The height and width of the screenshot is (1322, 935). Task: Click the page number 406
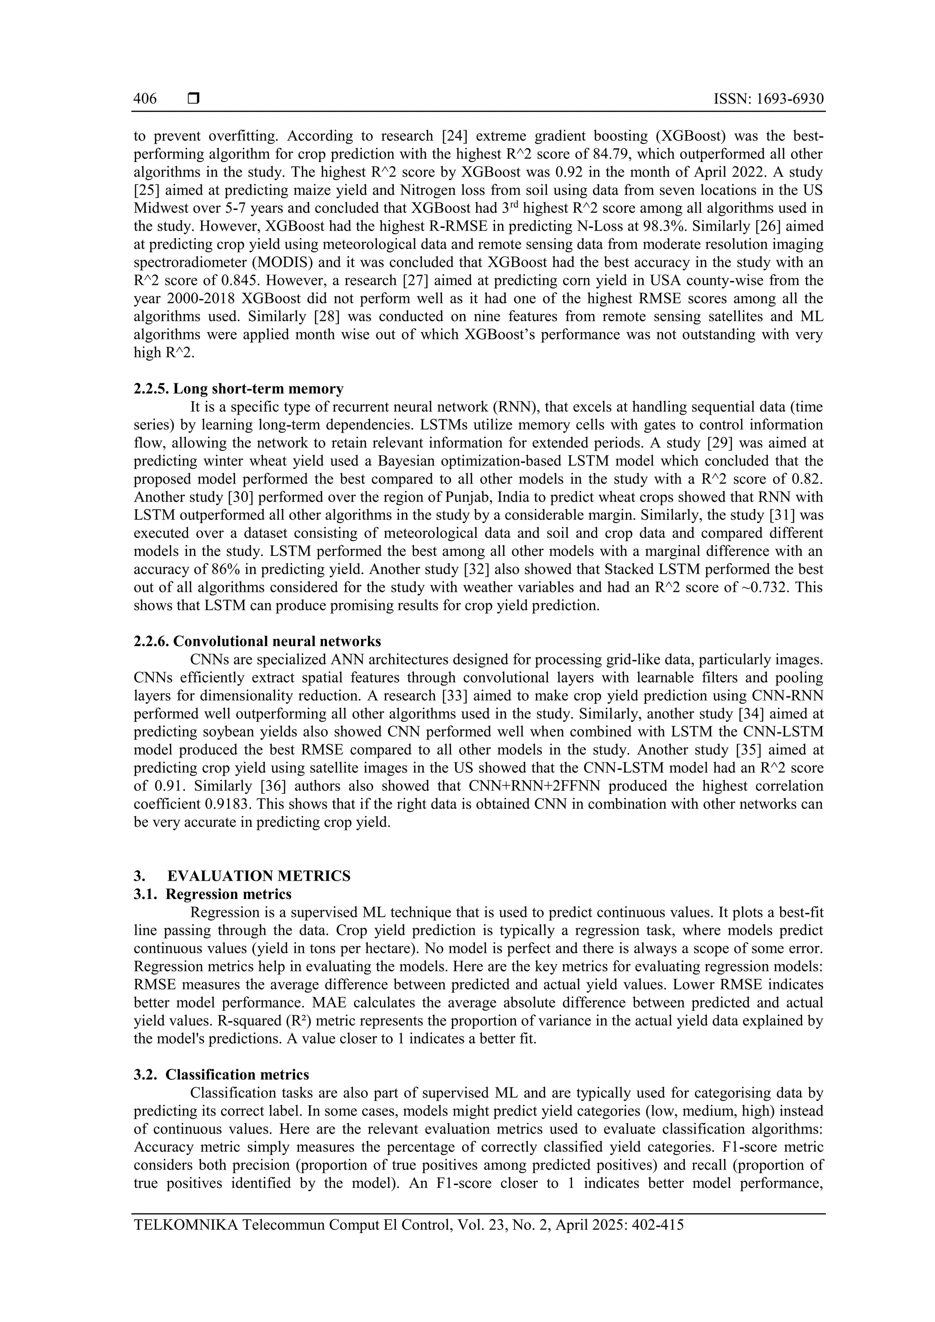click(x=145, y=99)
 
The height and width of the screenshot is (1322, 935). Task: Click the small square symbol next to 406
click(x=194, y=99)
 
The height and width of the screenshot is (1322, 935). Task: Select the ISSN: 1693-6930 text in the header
click(x=768, y=99)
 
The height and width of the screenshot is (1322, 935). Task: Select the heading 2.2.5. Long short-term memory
click(x=238, y=389)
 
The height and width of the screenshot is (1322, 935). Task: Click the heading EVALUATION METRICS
click(x=259, y=876)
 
